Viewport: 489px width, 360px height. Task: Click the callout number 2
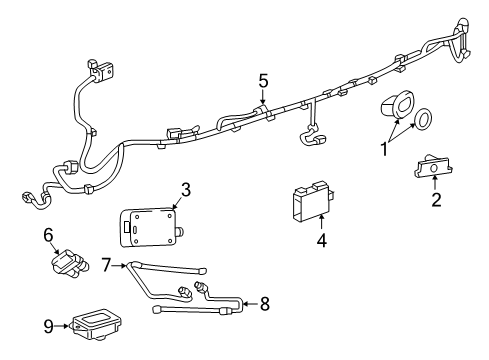point(435,200)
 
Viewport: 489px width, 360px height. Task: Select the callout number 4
point(320,241)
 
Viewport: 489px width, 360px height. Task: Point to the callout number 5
point(263,80)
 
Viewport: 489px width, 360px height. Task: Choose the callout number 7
point(107,264)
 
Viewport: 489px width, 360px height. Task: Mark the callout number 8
point(264,303)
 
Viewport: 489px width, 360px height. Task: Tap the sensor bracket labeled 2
point(433,172)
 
